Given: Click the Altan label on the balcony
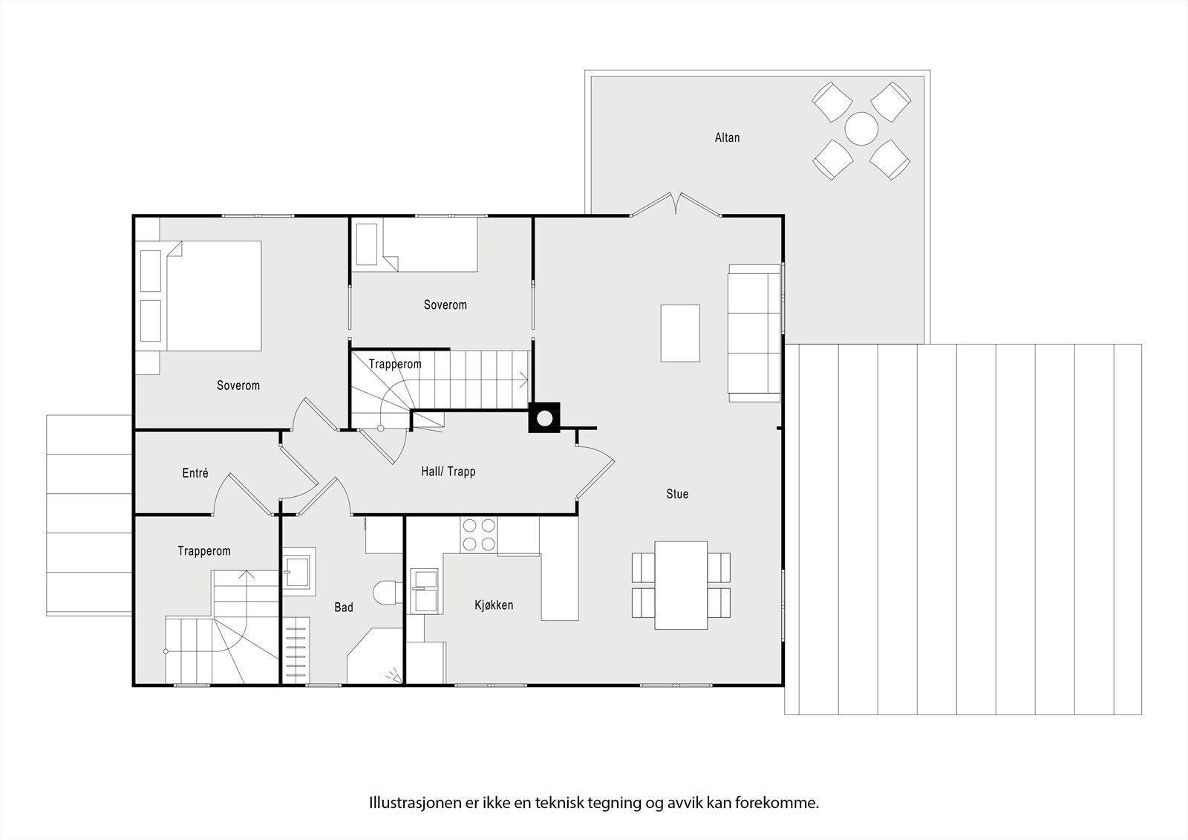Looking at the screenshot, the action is tap(727, 137).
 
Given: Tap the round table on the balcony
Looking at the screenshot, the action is tap(861, 129).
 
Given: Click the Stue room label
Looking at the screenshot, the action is tap(677, 494).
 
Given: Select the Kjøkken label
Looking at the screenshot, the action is tap(494, 605).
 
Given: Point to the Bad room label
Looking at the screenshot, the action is tap(344, 608).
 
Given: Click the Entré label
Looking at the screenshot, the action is tap(195, 473).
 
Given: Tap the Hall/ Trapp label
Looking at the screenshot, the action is tap(448, 471).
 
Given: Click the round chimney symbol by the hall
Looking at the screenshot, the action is tap(544, 418).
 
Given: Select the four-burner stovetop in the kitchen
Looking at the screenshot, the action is tap(479, 534).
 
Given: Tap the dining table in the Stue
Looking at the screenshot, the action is tap(681, 585).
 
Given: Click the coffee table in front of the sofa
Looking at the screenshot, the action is tap(680, 333).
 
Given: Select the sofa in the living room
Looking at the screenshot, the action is tap(754, 333).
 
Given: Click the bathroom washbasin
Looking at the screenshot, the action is tap(298, 571).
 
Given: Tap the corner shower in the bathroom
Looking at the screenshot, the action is tap(375, 656).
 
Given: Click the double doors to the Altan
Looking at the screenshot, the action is tap(676, 205).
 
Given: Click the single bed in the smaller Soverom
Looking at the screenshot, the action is tap(417, 244).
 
